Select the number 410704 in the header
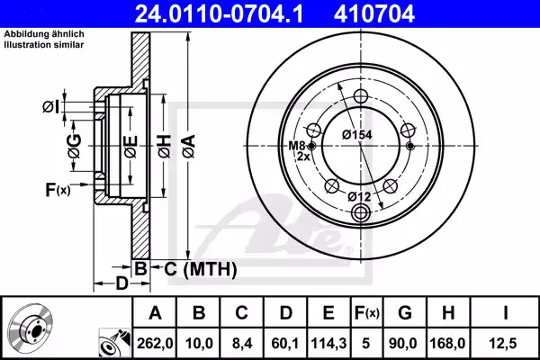(401, 14)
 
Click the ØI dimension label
(50, 108)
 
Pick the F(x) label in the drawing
(58, 190)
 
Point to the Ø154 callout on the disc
(357, 134)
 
